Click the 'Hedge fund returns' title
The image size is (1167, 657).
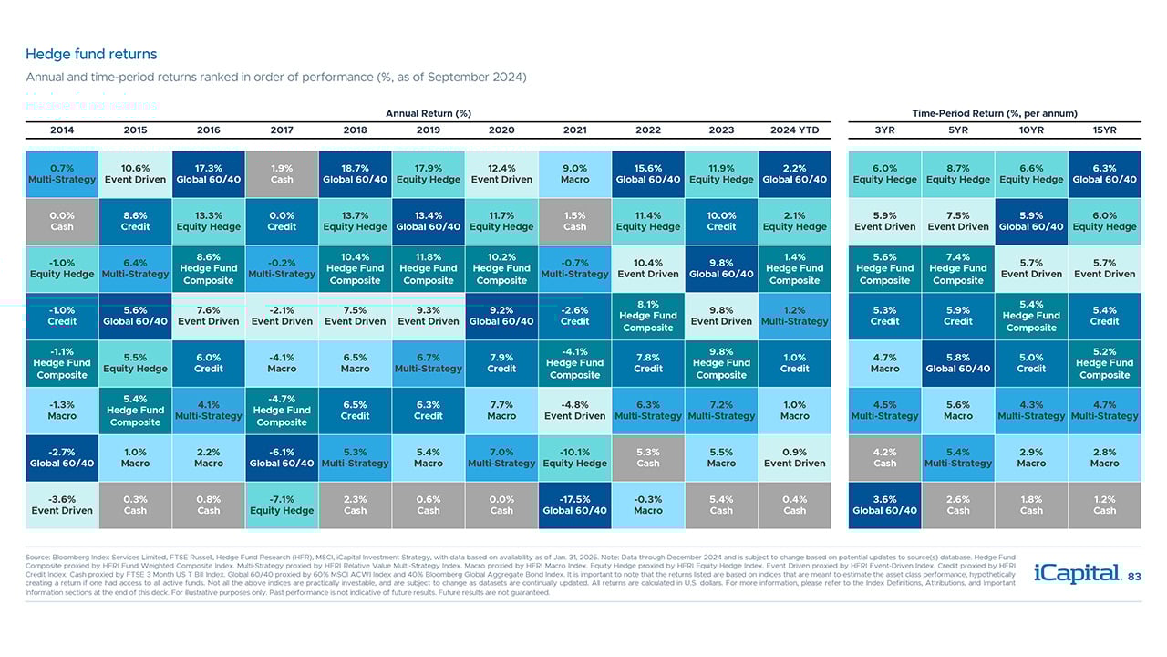pos(91,55)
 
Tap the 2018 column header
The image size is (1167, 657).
pos(355,130)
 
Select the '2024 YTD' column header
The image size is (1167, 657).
pos(794,130)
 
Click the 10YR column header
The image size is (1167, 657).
pos(1031,130)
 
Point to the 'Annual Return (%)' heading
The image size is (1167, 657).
pos(429,113)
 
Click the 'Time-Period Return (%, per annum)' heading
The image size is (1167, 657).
pos(995,113)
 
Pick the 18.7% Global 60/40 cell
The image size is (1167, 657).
pos(355,174)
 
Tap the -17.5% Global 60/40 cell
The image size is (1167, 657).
pos(574,506)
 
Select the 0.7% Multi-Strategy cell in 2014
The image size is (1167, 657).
pos(62,174)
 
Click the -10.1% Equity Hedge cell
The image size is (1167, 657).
pos(574,458)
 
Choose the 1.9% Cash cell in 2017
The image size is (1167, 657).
pos(282,174)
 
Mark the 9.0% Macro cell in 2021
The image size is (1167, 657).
pos(574,174)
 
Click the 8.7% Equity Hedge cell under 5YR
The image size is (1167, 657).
pos(958,174)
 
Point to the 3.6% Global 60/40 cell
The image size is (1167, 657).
pos(884,506)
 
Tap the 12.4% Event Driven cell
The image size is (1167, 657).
pos(501,174)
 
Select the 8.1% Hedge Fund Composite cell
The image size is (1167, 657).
pos(648,316)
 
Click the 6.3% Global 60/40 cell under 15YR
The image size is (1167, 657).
pos(1104,174)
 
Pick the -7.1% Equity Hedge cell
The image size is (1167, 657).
pos(282,506)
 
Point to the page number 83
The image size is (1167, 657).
pos(1134,577)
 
